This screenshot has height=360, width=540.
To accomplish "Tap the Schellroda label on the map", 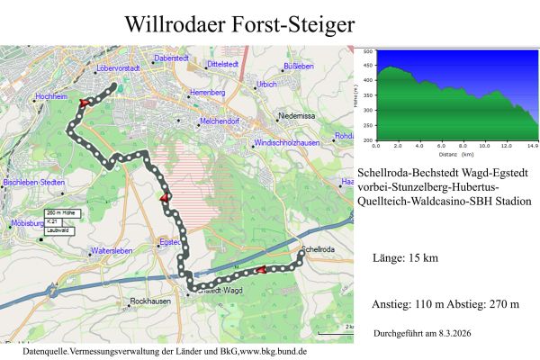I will coord(319,248).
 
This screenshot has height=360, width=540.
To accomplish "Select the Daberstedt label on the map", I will coord(171,58).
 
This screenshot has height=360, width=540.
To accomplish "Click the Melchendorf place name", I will coord(220,121).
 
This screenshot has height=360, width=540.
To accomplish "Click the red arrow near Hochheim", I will coord(85,103).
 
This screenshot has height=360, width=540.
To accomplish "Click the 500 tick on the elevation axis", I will coord(366,53).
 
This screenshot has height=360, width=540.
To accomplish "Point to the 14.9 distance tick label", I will coord(532,145).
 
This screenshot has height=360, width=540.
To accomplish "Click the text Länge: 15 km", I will coord(405,259).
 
